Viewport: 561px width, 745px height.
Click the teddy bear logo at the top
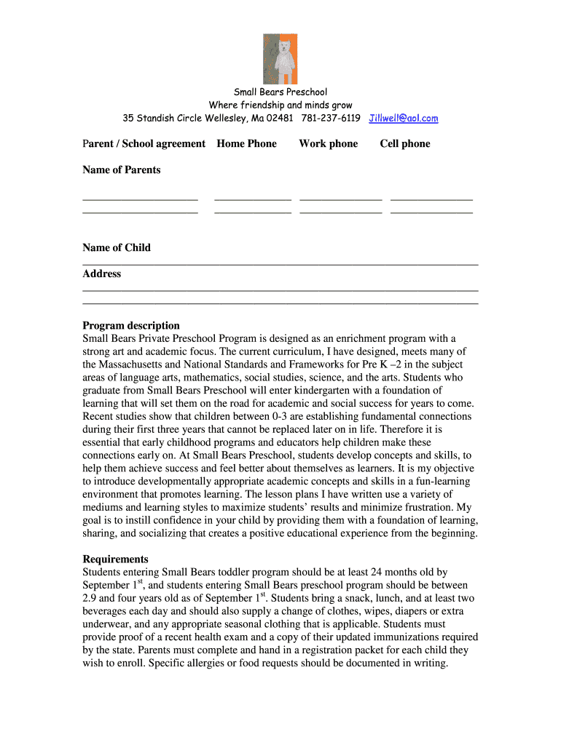(x=280, y=58)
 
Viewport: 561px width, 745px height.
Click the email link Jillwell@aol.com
(x=404, y=119)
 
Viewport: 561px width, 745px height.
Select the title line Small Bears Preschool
(x=280, y=92)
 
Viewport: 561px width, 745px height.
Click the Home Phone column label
(x=247, y=144)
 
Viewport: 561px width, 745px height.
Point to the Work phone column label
(x=328, y=144)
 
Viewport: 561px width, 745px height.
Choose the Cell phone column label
(x=404, y=144)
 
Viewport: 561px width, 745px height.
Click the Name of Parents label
(x=122, y=170)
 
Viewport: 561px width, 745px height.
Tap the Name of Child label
(x=117, y=247)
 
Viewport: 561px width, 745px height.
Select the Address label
(x=102, y=274)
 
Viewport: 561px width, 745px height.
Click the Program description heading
(x=131, y=325)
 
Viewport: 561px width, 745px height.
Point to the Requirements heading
(x=116, y=559)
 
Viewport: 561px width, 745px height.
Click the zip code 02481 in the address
(x=280, y=119)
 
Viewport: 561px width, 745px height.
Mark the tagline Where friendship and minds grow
(x=280, y=105)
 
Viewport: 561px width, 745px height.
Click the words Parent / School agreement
(x=144, y=144)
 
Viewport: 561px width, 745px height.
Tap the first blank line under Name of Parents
(x=141, y=198)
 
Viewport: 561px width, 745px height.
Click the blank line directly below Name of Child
(x=280, y=263)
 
